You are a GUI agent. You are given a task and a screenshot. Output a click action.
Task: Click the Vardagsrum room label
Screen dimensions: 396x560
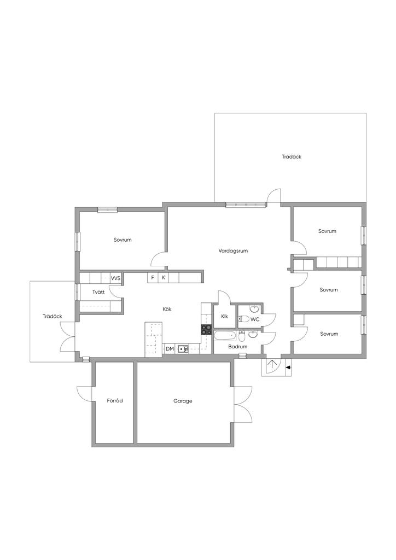click(x=233, y=250)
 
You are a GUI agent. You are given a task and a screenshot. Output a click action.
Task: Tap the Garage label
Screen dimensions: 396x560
click(x=183, y=401)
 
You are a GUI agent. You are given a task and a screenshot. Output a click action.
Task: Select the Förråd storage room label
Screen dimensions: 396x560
click(x=115, y=400)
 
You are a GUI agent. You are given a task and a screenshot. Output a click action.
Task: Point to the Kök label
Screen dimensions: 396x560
click(x=167, y=310)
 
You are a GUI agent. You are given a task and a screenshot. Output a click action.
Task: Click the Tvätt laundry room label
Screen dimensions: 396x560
click(x=98, y=292)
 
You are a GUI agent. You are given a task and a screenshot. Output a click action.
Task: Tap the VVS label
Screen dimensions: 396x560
click(x=116, y=278)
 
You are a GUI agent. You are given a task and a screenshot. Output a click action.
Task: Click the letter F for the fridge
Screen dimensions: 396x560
click(x=153, y=277)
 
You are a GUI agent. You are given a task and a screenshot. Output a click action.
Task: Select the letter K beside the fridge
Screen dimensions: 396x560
click(x=164, y=277)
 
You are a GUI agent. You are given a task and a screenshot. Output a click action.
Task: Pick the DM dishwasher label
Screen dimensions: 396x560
click(x=170, y=348)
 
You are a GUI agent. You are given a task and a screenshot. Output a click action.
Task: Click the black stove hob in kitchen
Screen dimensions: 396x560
click(x=206, y=329)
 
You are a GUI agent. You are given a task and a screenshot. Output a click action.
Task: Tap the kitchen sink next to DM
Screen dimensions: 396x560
click(x=183, y=349)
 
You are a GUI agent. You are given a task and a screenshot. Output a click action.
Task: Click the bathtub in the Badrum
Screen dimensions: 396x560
click(x=225, y=335)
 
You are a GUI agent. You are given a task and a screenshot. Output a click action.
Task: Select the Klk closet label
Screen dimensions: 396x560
click(x=225, y=317)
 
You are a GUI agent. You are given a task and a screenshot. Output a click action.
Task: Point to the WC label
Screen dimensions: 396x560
click(x=255, y=319)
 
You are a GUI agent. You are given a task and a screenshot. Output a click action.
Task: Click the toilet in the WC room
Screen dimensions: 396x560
click(x=243, y=319)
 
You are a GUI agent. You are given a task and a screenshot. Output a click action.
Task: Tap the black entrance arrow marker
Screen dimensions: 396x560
click(x=288, y=367)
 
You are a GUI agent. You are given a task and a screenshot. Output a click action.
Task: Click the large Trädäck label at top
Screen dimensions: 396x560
click(x=292, y=156)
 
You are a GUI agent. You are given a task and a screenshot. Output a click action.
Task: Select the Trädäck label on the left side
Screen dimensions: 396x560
click(x=52, y=316)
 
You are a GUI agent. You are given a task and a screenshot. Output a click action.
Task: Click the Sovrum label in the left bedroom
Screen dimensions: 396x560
click(x=123, y=240)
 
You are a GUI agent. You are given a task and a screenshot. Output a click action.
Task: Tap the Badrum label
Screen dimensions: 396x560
click(x=238, y=346)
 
